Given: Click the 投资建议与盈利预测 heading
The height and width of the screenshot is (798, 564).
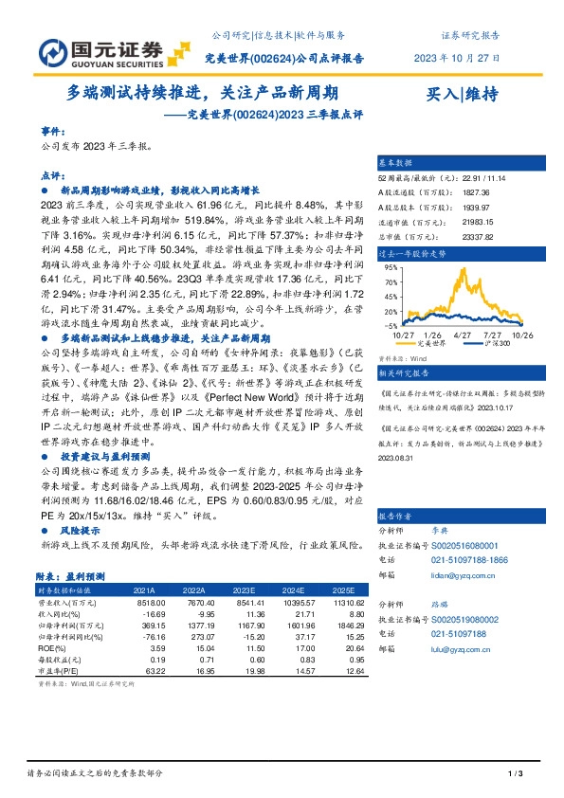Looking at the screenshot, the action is click(100, 456).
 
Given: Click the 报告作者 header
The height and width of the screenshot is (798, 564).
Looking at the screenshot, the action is click(396, 517).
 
